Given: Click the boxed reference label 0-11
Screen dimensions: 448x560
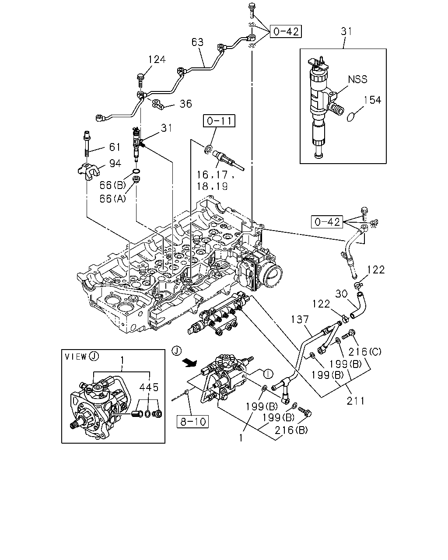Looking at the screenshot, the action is [219, 121].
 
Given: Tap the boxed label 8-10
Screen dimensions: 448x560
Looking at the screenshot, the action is [192, 421].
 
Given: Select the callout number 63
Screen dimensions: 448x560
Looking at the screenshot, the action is [197, 42].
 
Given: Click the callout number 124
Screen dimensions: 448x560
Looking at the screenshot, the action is [157, 59].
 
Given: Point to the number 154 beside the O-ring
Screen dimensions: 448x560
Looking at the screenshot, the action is [372, 100].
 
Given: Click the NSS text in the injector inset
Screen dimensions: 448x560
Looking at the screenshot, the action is [358, 79].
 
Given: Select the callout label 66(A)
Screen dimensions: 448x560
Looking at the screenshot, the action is [112, 199].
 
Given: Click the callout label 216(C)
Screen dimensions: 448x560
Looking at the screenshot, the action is [365, 352].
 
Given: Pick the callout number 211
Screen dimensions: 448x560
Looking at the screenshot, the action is [355, 401].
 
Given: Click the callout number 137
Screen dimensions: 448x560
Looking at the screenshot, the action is [300, 319].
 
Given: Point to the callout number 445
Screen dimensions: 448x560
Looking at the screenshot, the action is [149, 388].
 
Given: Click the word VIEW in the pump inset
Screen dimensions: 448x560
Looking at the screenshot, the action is [76, 357].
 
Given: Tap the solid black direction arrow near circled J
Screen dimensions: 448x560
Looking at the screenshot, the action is [189, 363].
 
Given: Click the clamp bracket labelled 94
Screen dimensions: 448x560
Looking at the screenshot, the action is [89, 171].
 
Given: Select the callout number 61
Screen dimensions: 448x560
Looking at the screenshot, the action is [115, 147].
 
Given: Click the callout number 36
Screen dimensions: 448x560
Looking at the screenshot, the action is [185, 104].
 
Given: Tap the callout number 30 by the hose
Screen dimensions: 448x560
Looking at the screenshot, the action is [341, 294].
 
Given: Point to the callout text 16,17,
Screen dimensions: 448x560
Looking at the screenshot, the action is [215, 175].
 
